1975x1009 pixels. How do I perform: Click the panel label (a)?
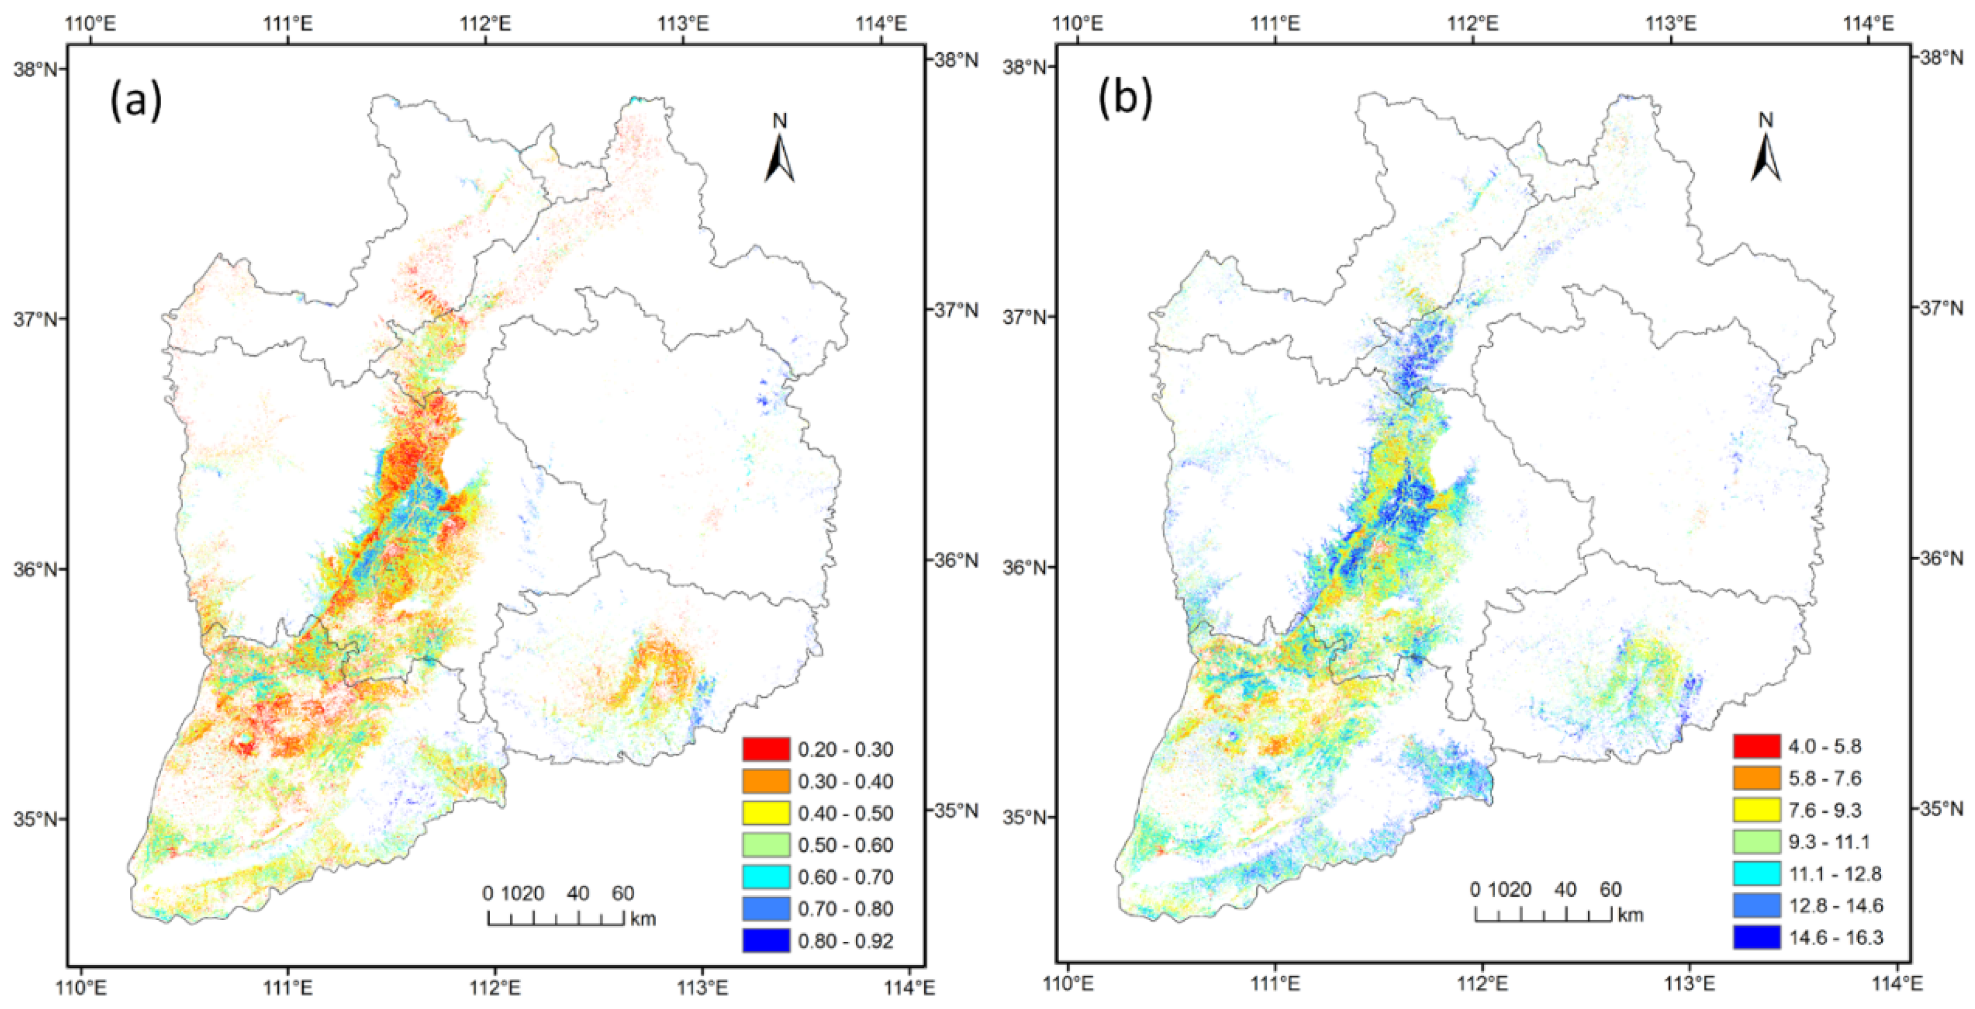click(x=136, y=101)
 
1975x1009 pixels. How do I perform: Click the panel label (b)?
click(x=1125, y=99)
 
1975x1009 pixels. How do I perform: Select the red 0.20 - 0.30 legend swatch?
click(x=765, y=749)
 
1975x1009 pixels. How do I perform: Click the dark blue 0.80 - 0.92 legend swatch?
click(x=765, y=941)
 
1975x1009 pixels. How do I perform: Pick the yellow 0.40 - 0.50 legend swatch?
click(x=765, y=813)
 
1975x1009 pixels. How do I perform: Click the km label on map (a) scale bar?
click(x=643, y=918)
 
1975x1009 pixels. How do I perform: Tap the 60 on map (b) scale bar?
click(x=1610, y=890)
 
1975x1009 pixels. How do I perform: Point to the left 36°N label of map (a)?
click(x=34, y=570)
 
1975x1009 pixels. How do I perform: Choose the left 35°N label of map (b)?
click(x=1024, y=817)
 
